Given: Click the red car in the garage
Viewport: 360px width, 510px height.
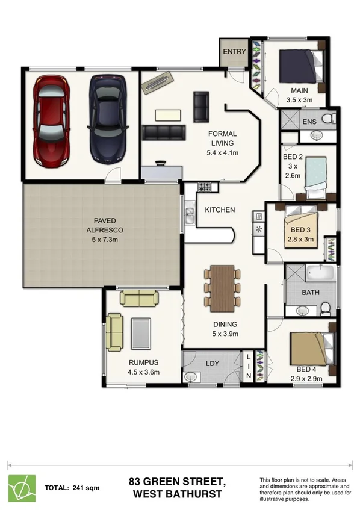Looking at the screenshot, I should click(52, 120).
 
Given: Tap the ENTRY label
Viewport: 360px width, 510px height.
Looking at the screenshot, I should click(234, 52).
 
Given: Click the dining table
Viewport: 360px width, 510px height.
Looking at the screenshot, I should click(222, 285).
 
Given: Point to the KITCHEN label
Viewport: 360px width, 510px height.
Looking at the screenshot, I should click(220, 210).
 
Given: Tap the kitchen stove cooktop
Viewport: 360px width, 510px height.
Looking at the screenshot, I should click(206, 187).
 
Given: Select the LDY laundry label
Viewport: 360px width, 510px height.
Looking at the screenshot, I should click(212, 363).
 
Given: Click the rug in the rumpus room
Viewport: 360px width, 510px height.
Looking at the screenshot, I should click(141, 333).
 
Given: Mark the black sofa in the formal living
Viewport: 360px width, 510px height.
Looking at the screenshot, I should click(163, 132).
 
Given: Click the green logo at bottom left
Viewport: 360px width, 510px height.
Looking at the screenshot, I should click(22, 487).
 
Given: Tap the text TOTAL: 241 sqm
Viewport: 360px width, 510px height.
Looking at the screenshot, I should click(72, 487).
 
